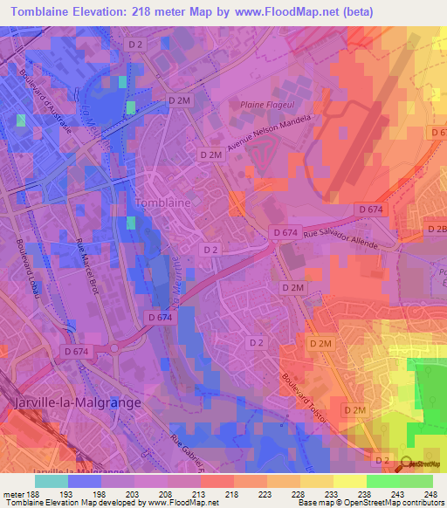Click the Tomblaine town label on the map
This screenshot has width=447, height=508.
pos(164,203)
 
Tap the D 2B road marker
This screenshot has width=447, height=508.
pos(436,229)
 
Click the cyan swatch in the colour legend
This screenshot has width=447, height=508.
pos(52,481)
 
